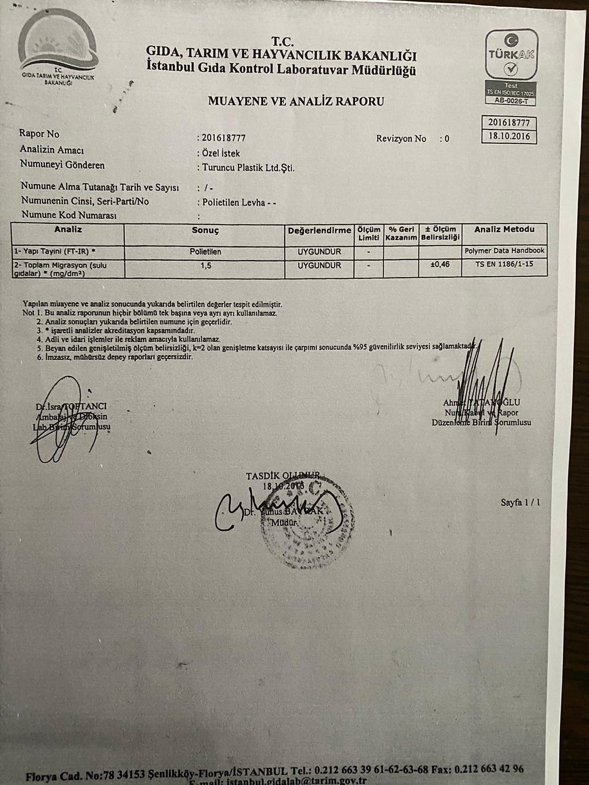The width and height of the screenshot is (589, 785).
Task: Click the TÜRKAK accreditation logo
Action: pyautogui.click(x=511, y=54)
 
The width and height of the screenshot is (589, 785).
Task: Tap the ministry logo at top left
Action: pyautogui.click(x=58, y=49)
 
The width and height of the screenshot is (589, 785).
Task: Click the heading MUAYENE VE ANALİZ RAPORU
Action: pyautogui.click(x=296, y=102)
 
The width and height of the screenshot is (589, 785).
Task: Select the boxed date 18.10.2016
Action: pyautogui.click(x=509, y=136)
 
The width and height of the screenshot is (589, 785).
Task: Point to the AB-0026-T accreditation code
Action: pyautogui.click(x=510, y=101)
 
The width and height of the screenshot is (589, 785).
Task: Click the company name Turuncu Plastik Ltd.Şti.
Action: pyautogui.click(x=248, y=168)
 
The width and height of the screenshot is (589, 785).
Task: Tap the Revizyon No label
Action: pyautogui.click(x=401, y=139)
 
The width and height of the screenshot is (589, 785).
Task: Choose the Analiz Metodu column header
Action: pyautogui.click(x=504, y=230)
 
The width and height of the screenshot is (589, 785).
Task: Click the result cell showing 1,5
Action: pyautogui.click(x=205, y=265)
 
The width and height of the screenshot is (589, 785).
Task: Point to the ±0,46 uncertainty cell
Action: pyautogui.click(x=439, y=264)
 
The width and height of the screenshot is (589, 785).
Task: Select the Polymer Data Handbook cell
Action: pyautogui.click(x=504, y=251)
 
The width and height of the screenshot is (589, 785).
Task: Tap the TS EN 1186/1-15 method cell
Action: pyautogui.click(x=504, y=264)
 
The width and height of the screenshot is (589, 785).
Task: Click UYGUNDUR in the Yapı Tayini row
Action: pyautogui.click(x=319, y=252)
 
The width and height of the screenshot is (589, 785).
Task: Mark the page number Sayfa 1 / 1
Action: pyautogui.click(x=520, y=502)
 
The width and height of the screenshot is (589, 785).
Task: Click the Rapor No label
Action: pyautogui.click(x=39, y=133)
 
